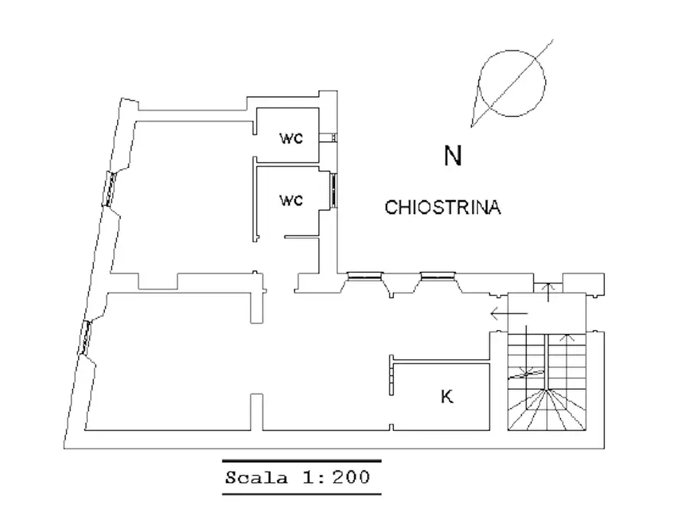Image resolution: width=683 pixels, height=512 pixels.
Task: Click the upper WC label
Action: pos(291,138)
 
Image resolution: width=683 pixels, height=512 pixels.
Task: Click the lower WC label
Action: pos(291,201)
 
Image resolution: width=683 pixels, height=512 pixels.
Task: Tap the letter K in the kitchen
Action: pos(447,397)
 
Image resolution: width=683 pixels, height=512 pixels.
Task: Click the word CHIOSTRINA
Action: pos(443,207)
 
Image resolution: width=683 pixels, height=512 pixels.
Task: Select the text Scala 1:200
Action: pos(298,478)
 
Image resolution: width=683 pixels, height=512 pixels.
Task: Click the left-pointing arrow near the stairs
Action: pos(509,313)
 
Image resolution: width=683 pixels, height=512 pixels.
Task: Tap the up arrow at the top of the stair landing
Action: pos(548,292)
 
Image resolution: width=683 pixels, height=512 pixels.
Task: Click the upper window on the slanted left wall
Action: pos(109,189)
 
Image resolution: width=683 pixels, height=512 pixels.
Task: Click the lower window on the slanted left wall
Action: pos(86,338)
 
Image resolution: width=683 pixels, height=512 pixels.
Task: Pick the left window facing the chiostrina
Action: pos(365,276)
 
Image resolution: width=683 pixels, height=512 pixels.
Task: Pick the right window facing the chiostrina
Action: pos(437,276)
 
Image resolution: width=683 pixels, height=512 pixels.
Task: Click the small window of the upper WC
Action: pos(328,138)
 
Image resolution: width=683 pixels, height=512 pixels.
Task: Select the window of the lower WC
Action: pos(333,190)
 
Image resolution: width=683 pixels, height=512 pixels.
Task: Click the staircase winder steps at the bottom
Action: pos(546,410)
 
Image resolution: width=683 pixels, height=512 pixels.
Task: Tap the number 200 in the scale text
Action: pos(351,478)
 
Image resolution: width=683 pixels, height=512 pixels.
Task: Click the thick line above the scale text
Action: pos(302,461)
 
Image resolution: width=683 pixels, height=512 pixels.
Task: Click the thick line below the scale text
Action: pos(302,494)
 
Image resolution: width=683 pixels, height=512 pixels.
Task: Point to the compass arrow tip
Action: pos(471,127)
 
